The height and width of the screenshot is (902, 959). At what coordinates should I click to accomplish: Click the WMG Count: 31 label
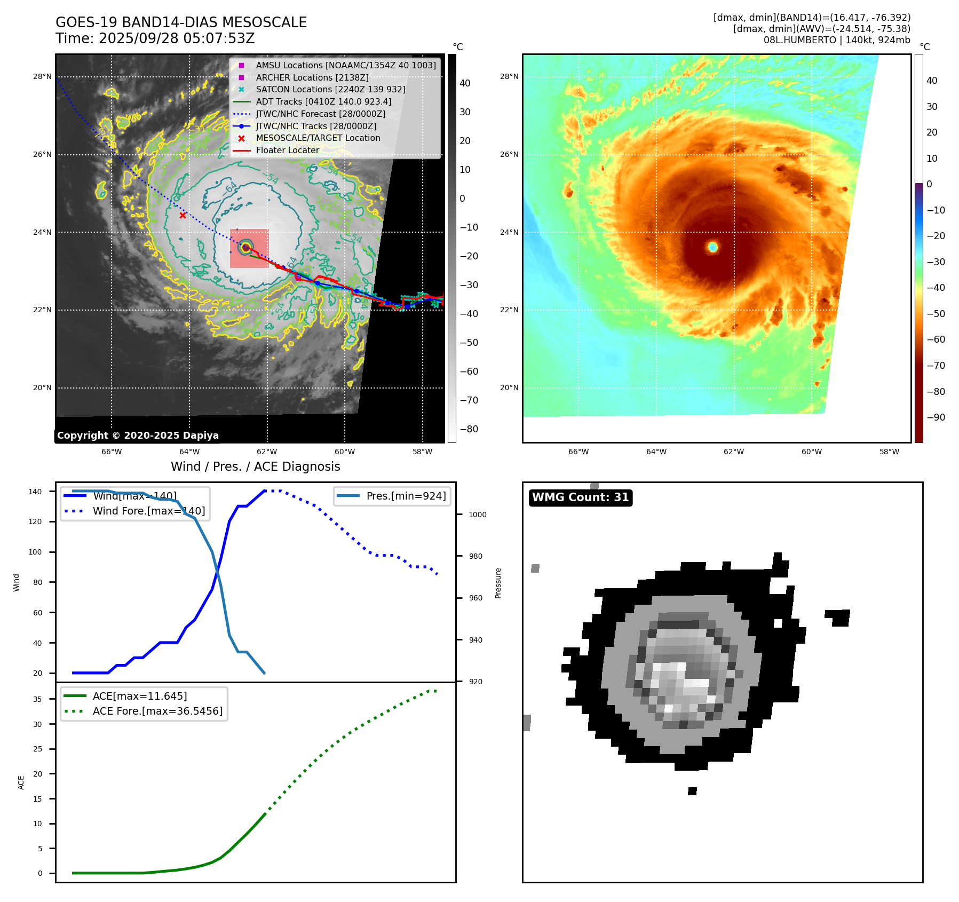(x=580, y=497)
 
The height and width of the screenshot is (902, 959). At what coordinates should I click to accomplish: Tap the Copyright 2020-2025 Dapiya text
(x=138, y=436)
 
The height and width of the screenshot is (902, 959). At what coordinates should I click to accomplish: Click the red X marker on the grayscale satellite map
(x=183, y=215)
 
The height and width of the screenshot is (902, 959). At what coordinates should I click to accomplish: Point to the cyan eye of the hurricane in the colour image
(x=712, y=247)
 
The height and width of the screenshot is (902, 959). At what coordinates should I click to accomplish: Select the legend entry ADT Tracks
(x=323, y=101)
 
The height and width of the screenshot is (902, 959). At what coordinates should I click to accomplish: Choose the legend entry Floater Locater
(x=287, y=150)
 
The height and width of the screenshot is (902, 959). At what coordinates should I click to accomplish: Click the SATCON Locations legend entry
(x=330, y=89)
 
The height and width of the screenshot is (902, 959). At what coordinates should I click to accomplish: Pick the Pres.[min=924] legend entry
(x=406, y=496)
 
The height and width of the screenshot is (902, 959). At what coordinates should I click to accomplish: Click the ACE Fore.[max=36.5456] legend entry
(x=157, y=711)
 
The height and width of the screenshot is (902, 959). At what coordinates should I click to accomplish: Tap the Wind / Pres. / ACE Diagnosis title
(x=255, y=466)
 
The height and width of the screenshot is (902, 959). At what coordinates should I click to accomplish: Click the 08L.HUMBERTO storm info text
(x=837, y=40)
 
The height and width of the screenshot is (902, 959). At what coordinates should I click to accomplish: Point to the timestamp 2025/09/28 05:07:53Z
(x=176, y=39)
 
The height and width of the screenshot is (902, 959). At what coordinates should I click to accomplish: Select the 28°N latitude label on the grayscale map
(x=42, y=77)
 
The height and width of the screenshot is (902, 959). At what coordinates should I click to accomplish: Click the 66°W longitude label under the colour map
(x=578, y=452)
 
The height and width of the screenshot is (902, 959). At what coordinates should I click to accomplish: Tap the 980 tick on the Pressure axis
(x=475, y=556)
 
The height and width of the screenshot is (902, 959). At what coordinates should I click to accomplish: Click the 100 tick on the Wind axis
(x=35, y=552)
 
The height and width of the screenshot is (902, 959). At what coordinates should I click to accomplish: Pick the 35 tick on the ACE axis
(x=37, y=699)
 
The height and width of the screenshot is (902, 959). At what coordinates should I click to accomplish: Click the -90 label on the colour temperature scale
(x=936, y=417)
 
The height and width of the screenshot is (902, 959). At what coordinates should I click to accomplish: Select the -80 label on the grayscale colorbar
(x=469, y=429)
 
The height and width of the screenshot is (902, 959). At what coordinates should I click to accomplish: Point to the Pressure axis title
(x=498, y=583)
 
